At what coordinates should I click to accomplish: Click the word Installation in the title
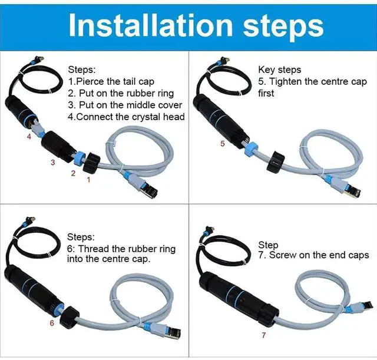[x=151, y=25]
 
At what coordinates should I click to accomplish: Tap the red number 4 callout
[x=29, y=137]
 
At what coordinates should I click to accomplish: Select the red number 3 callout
[x=53, y=163]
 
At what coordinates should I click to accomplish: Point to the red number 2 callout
[x=73, y=173]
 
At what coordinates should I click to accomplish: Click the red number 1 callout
[x=88, y=180]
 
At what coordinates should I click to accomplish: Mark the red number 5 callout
[x=223, y=144]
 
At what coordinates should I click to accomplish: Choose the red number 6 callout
[x=52, y=323]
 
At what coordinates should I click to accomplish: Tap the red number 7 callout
[x=264, y=335]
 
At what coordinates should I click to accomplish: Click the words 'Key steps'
[x=279, y=70]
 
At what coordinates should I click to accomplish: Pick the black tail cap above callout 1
[x=91, y=162]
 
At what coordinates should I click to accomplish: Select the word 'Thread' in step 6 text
[x=93, y=249]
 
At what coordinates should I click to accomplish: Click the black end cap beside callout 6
[x=70, y=318]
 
